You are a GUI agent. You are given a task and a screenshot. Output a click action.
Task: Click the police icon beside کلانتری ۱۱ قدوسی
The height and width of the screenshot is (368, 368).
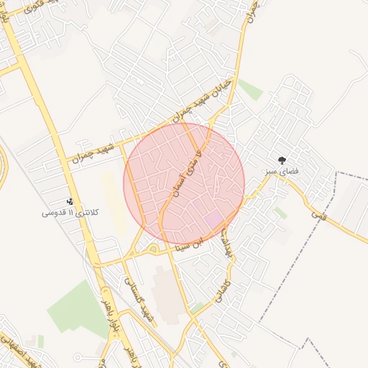point(70,202)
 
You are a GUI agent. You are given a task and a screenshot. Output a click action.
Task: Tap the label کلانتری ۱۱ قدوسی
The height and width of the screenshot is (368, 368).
point(71,213)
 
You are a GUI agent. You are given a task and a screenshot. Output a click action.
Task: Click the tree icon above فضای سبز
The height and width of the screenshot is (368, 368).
point(281,161)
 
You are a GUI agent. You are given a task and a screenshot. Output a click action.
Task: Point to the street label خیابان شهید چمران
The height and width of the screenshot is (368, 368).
point(203,98)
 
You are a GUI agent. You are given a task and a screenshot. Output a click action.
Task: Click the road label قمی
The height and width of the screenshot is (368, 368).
point(318,213)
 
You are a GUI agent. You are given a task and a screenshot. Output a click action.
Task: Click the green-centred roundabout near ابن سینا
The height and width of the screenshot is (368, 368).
point(152,249)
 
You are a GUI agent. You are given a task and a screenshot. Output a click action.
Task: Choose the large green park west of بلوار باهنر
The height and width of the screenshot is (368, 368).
point(78,310)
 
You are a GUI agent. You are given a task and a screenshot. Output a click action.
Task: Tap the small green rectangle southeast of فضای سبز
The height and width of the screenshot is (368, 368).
point(280,213)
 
